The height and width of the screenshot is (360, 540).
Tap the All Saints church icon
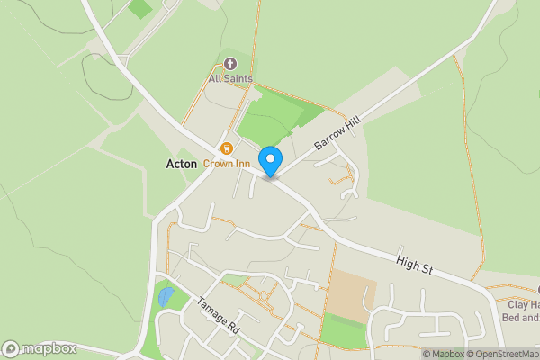(x=230, y=64)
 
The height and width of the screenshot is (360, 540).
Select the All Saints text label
(x=230, y=79)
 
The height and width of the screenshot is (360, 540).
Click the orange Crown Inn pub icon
(x=227, y=148)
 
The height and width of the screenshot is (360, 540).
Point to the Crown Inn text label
(x=226, y=164)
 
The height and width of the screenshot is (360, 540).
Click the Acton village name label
(x=182, y=164)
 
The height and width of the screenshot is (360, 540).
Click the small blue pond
(x=166, y=296)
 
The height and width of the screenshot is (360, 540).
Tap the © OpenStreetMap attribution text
(x=500, y=354)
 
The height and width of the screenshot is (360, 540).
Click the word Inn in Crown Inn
(x=240, y=164)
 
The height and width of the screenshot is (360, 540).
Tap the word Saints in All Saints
(x=238, y=79)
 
